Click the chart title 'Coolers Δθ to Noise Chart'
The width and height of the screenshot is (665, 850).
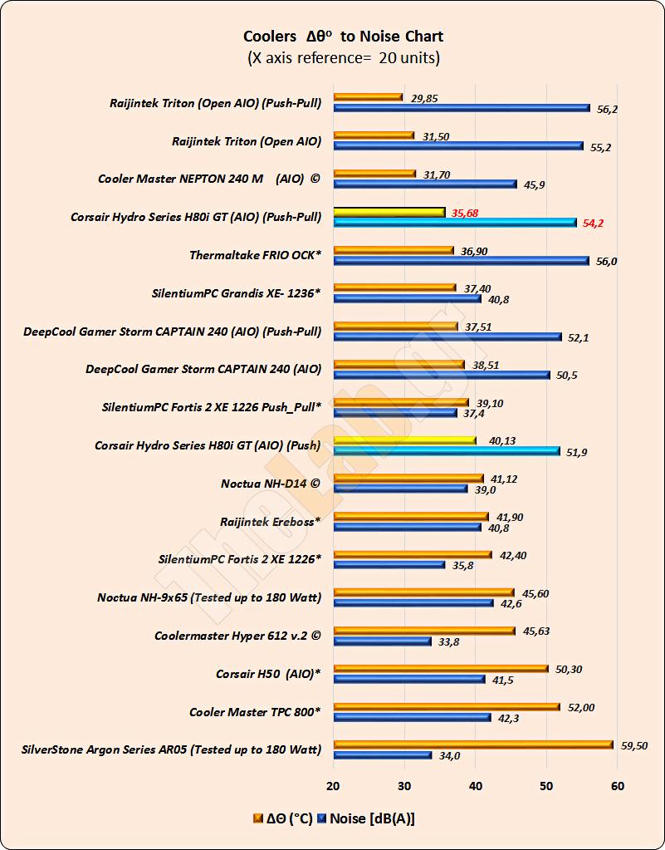click(x=343, y=37)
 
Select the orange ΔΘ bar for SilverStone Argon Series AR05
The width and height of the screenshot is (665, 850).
click(x=473, y=744)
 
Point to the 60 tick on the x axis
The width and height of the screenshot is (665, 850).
click(x=617, y=786)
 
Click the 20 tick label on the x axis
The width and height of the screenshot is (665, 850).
click(x=333, y=786)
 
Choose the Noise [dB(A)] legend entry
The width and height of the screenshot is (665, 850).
click(x=366, y=818)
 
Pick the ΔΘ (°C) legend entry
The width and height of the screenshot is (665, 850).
click(x=283, y=818)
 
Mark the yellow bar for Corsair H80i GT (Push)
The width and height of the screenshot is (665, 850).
click(x=404, y=441)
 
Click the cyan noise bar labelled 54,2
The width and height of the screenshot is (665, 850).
click(x=455, y=223)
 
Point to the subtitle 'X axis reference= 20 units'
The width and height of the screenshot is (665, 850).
click(x=343, y=58)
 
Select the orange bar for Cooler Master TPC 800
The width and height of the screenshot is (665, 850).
click(x=447, y=707)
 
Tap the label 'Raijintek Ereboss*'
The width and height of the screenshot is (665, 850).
click(x=271, y=522)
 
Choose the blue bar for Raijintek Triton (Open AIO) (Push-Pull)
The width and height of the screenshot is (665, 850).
click(x=462, y=108)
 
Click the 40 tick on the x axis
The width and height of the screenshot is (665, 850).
click(x=475, y=786)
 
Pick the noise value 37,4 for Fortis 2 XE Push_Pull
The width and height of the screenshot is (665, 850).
click(x=474, y=413)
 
